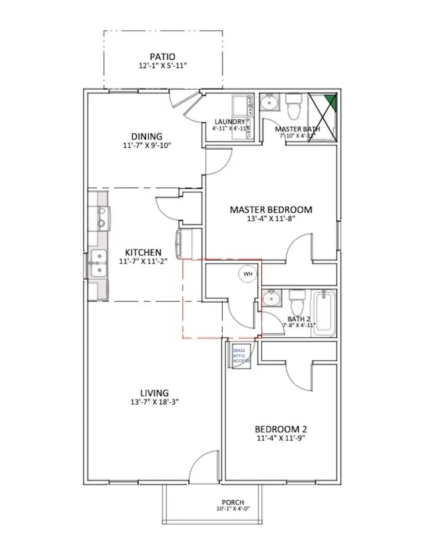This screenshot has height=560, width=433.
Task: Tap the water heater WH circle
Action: pos(248,274)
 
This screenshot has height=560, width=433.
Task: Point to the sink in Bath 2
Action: pos(272,299)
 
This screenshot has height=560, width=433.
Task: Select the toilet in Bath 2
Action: pos(296,301)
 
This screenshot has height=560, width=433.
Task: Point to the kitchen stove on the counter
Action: pos(102,217)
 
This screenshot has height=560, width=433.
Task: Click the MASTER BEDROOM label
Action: pos(271,209)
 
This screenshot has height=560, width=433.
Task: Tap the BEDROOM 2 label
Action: pos(281,429)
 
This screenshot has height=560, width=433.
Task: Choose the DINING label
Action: pos(147,136)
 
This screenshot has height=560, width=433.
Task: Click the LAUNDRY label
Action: pos(229,122)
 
